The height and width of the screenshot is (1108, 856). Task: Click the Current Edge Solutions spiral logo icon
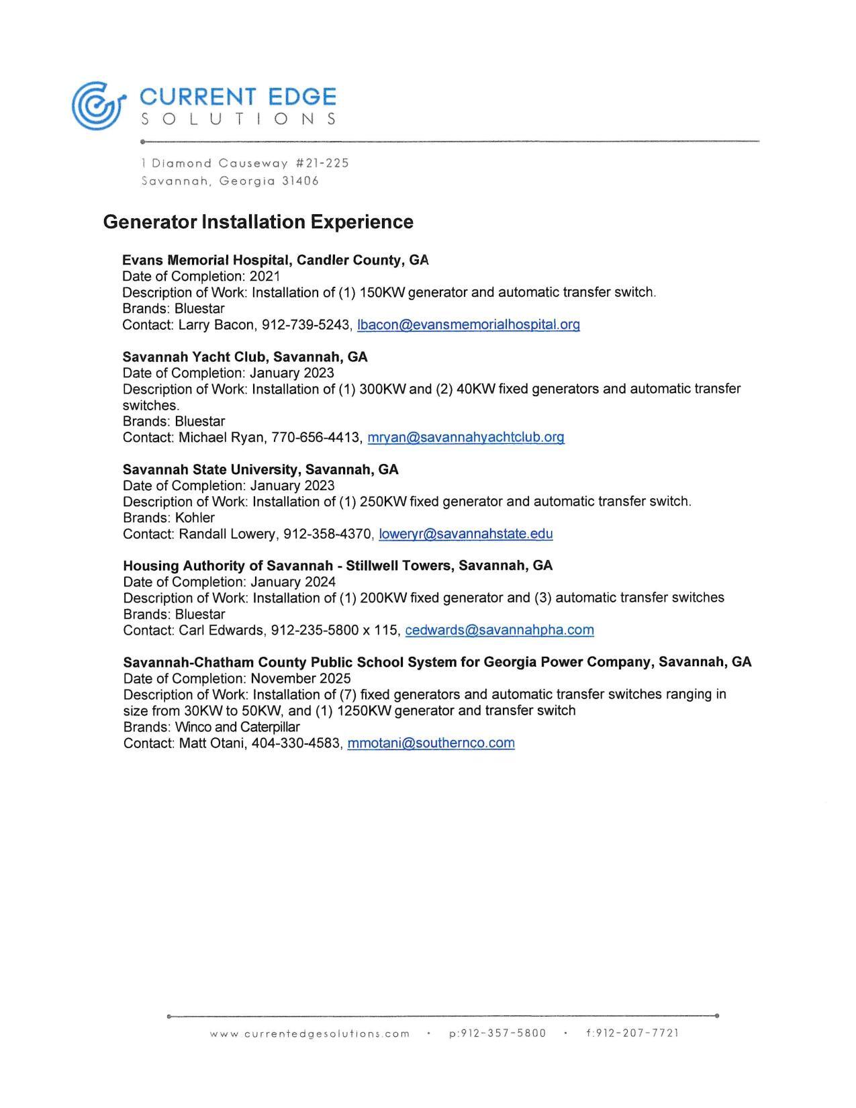[97, 105]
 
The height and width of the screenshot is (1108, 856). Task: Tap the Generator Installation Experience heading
[258, 222]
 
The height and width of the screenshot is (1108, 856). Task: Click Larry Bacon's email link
[468, 325]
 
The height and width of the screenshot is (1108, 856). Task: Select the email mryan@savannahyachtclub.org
[466, 438]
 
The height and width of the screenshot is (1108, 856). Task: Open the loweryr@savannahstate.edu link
[465, 535]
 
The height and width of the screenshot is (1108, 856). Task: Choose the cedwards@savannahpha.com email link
[499, 631]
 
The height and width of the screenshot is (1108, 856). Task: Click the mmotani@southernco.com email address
[430, 743]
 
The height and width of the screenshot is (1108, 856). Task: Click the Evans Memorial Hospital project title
[275, 261]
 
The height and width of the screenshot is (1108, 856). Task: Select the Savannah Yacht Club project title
[245, 357]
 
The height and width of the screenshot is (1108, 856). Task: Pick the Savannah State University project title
[260, 470]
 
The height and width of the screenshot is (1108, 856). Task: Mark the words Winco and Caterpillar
[237, 727]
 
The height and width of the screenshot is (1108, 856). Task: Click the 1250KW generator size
[363, 711]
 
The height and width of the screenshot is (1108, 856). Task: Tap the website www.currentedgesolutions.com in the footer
[310, 1034]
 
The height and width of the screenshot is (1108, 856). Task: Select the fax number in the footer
[632, 1033]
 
